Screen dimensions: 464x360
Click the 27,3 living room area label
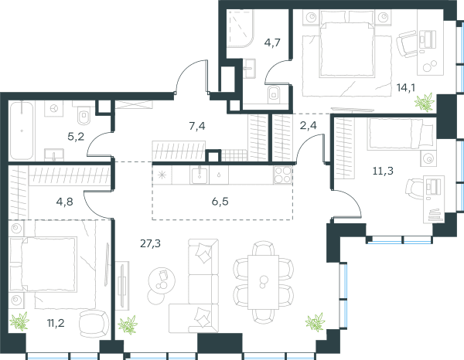[150, 244]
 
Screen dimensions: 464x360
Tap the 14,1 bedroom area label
[406, 87]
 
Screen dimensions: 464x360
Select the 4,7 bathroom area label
[272, 42]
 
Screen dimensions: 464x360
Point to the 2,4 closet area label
[308, 125]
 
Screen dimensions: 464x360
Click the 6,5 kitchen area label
[220, 202]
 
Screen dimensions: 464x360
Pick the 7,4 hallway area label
[197, 126]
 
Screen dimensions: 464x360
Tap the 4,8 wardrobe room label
[64, 202]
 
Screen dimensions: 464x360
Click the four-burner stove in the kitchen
[282, 175]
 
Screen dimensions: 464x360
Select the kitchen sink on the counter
[200, 175]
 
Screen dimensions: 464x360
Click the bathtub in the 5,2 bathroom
[22, 131]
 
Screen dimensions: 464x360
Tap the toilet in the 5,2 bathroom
[84, 114]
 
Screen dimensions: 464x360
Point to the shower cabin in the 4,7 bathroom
[241, 29]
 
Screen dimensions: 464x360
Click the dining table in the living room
[263, 282]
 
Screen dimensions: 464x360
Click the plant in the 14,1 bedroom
[425, 102]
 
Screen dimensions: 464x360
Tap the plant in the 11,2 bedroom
[20, 321]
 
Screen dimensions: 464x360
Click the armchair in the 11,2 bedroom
[94, 324]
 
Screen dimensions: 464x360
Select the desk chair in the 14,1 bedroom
[408, 44]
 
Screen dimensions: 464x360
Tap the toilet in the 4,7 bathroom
[274, 94]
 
